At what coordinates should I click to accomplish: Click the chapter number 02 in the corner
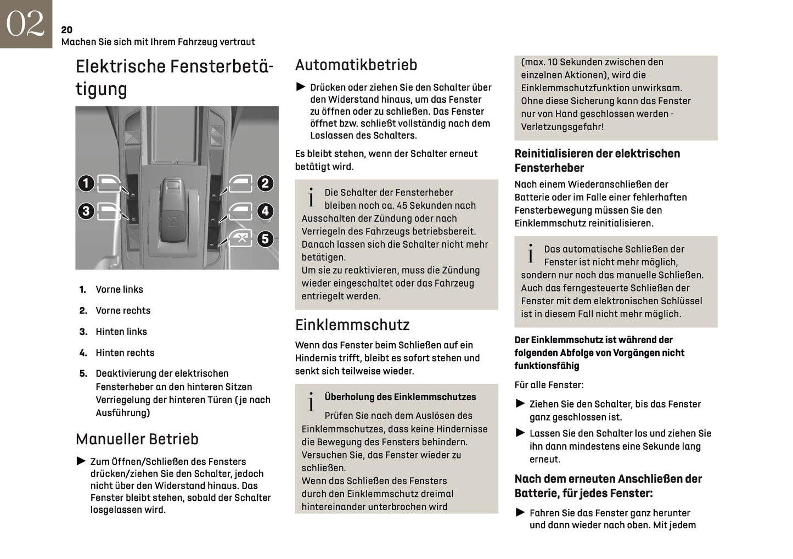[x=25, y=24]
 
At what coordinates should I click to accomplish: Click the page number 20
[x=66, y=30]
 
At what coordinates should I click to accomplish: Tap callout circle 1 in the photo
[x=86, y=183]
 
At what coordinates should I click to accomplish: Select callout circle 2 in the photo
[x=265, y=183]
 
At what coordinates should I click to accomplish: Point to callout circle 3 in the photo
[x=86, y=211]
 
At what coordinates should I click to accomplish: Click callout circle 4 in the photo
[x=265, y=211]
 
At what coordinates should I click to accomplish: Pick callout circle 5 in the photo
[x=265, y=239]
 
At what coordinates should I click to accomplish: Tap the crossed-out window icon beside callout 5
[x=240, y=239]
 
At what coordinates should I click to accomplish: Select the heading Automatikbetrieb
[x=356, y=65]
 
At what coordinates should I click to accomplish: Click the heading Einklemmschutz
[x=352, y=325]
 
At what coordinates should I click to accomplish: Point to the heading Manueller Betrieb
[x=137, y=439]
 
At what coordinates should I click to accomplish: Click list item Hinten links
[x=121, y=332]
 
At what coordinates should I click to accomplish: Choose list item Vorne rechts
[x=123, y=311]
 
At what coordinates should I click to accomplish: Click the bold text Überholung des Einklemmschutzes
[x=400, y=397]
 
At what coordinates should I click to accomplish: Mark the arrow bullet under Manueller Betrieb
[x=81, y=461]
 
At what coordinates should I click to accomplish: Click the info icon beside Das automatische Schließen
[x=531, y=254]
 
